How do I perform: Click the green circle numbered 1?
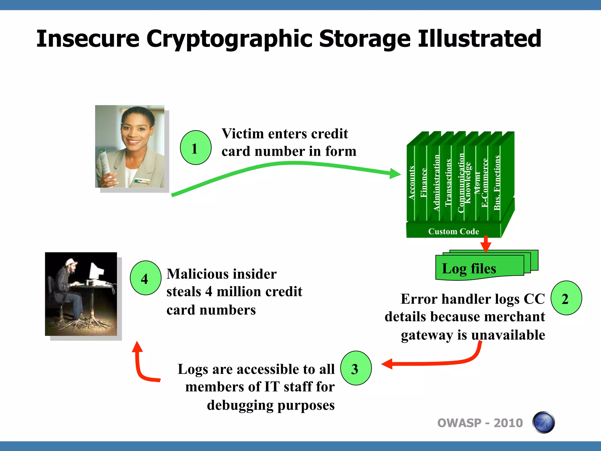[x=195, y=148]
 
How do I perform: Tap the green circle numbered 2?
[x=566, y=298]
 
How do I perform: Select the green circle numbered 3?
[x=356, y=368]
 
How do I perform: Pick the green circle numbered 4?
[x=146, y=278]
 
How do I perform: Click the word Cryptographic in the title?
[x=229, y=39]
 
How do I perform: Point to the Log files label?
[x=469, y=268]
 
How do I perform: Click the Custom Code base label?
[x=453, y=231]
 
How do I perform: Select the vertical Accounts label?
[x=411, y=183]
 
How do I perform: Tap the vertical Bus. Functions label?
[x=497, y=183]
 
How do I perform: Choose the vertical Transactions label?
[x=448, y=183]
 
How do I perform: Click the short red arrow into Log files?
[x=486, y=244]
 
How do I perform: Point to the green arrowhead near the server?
[x=395, y=174]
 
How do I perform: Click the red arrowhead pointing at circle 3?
[x=387, y=364]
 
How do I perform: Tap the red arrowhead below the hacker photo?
[x=137, y=347]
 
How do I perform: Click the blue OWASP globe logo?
[x=543, y=423]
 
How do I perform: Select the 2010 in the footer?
[x=508, y=423]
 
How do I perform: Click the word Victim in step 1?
[x=242, y=134]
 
